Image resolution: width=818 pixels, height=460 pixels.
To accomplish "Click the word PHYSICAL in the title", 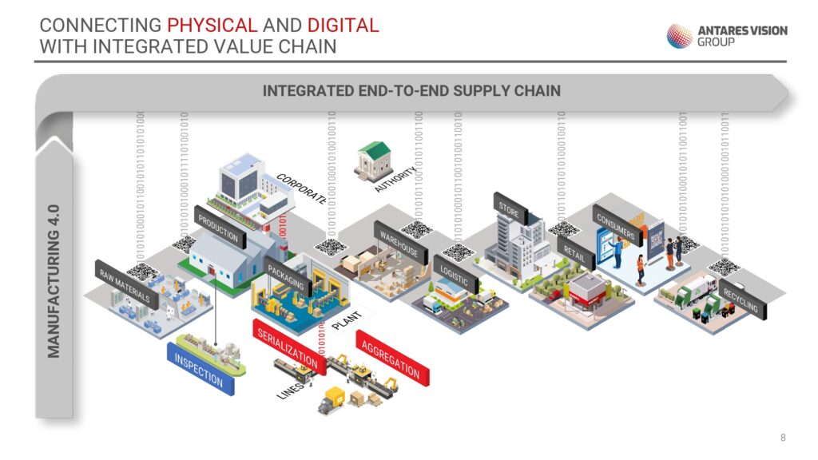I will click(x=212, y=25).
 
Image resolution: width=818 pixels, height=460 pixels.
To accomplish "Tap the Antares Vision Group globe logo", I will click(x=680, y=36).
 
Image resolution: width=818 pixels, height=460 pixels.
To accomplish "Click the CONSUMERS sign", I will click(x=615, y=224).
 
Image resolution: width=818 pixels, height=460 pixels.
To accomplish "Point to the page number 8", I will click(x=783, y=437).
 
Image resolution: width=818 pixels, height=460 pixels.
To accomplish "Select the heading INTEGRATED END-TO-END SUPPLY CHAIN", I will click(x=411, y=91).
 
